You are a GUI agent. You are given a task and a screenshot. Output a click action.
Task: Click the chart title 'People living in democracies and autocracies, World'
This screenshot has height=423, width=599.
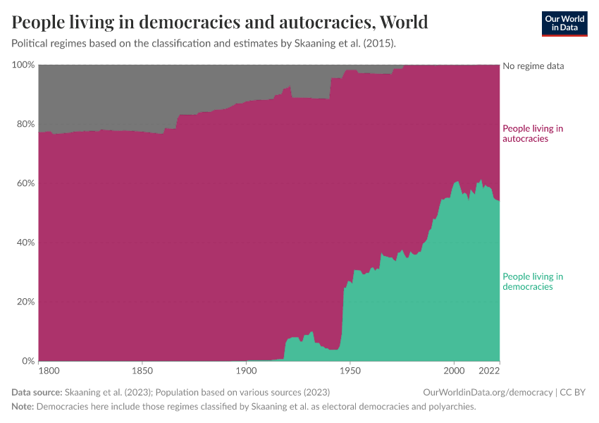[220, 22]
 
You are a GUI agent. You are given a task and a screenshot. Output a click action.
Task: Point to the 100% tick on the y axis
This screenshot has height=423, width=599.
[23, 65]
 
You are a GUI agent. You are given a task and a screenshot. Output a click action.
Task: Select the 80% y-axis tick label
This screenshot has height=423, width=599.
[25, 124]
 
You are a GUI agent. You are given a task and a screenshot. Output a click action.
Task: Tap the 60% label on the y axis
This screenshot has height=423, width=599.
[25, 183]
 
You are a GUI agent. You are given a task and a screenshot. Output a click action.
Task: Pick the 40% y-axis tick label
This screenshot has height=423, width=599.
[25, 243]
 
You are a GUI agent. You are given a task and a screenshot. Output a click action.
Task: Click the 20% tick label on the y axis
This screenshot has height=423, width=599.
[25, 302]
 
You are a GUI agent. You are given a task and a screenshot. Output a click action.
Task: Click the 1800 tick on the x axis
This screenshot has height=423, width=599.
[49, 370]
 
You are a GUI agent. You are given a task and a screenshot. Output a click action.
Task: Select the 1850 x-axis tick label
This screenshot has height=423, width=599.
[142, 370]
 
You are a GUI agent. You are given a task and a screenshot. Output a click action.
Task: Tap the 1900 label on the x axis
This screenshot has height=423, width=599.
[246, 370]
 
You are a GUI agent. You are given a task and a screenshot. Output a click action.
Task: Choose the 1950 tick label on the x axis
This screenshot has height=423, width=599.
[350, 370]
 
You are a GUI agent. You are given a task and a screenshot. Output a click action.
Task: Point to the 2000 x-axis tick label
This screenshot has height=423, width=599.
[455, 370]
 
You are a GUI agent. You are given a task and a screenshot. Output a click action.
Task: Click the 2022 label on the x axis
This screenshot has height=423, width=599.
[489, 370]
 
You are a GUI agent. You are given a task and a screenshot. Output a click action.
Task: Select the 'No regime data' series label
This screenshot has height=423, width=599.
[533, 66]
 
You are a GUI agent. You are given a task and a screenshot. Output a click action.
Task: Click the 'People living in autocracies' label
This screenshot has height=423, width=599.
[532, 133]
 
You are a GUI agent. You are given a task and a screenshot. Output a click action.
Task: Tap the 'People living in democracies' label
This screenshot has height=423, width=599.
[532, 281]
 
